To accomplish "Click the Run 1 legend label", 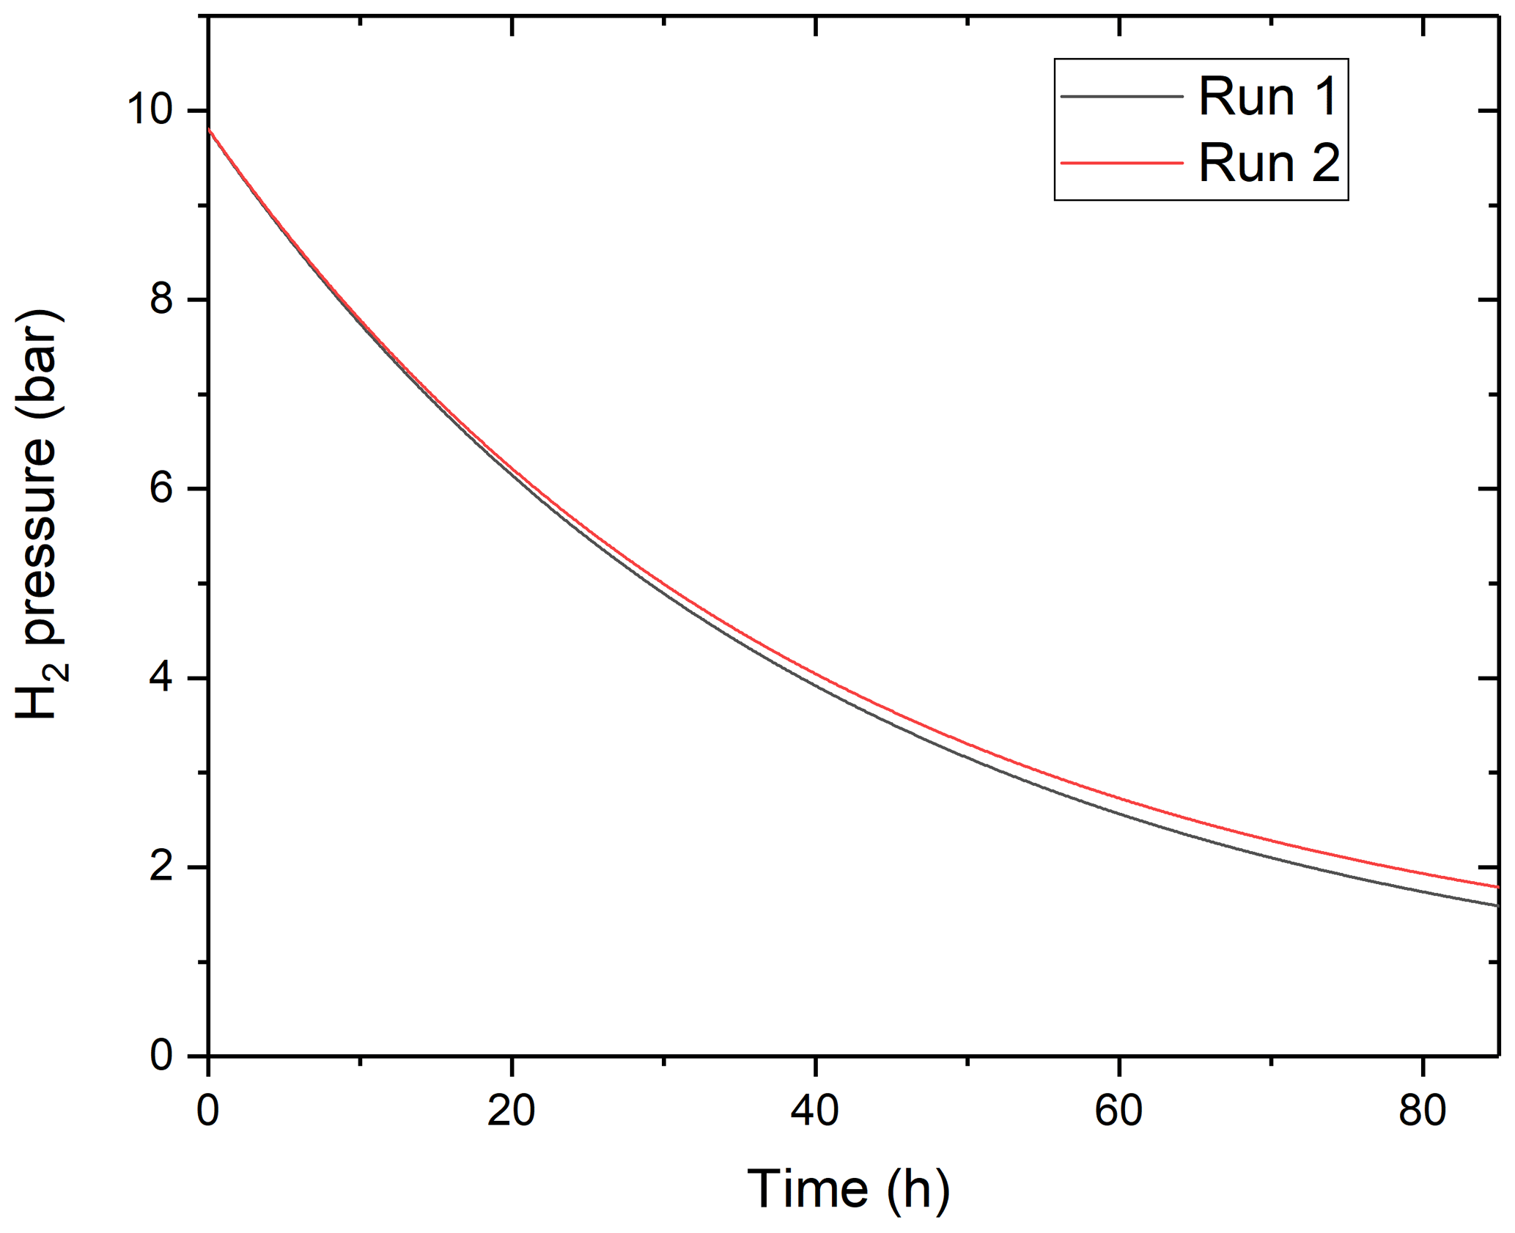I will pyautogui.click(x=1268, y=96).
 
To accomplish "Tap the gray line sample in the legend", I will pyautogui.click(x=1121, y=96).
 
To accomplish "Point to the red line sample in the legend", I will pyautogui.click(x=1121, y=163).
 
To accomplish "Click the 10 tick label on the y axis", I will pyautogui.click(x=150, y=111).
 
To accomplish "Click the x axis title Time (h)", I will pyautogui.click(x=849, y=1189).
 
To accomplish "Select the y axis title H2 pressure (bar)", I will pyautogui.click(x=38, y=513).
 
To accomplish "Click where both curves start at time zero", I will pyautogui.click(x=210, y=129).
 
